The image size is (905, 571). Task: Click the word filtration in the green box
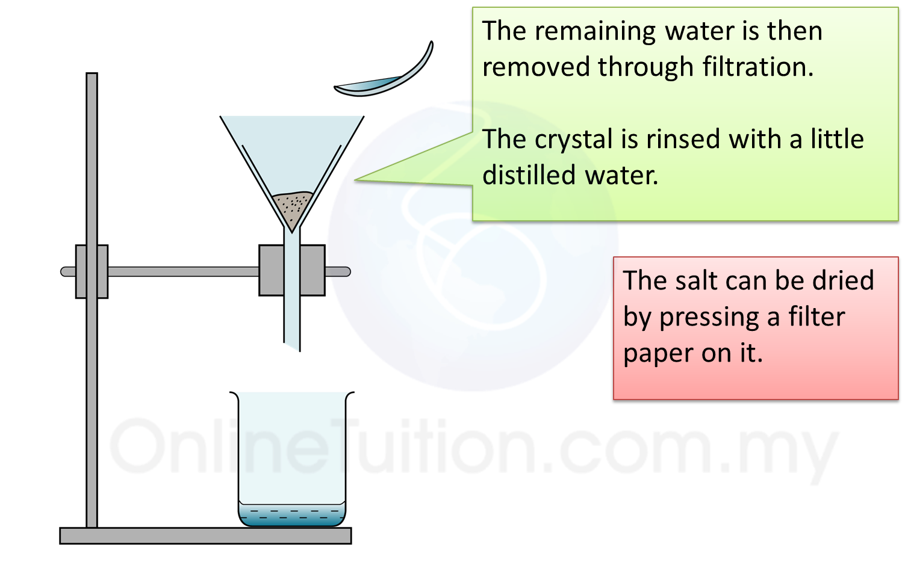pos(757,67)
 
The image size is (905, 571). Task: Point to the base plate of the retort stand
pos(205,536)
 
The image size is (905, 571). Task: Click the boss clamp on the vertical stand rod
pos(92,271)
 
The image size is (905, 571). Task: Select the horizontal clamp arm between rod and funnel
pos(184,271)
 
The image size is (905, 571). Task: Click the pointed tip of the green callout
pos(355,180)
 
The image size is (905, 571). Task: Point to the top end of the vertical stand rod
pos(92,74)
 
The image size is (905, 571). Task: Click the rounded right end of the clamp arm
pos(347,272)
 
